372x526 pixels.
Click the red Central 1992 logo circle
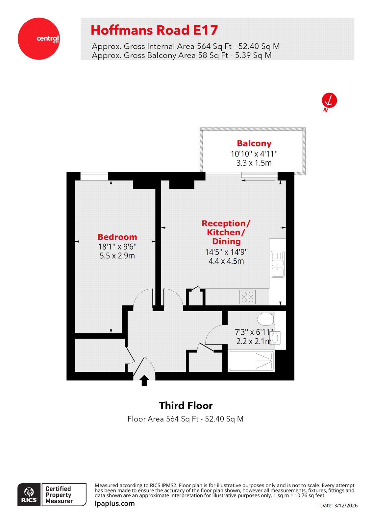point(39,39)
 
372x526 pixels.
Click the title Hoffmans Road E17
point(154,30)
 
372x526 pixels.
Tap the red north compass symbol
point(329,101)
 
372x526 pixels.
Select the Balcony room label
point(254,143)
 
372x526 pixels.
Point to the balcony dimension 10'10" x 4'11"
point(254,154)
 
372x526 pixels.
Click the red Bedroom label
point(117,237)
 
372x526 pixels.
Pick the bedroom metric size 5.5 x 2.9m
point(117,256)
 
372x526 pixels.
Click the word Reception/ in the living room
point(226,224)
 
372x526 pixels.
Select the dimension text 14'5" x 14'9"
point(226,252)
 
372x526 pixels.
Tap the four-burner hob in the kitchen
point(247,297)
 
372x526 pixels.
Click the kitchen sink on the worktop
point(278,264)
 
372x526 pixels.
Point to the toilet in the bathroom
point(266,319)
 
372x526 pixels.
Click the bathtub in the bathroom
point(251,361)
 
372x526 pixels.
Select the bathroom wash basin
point(275,338)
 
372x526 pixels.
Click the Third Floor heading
point(186,406)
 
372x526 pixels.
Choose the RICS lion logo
point(29,494)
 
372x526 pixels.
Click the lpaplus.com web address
point(114,503)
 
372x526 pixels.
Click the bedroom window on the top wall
point(94,177)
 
